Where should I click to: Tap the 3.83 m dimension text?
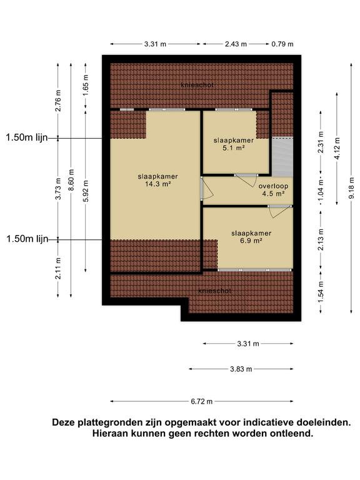pos(240,369)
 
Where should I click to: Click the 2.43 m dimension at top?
pos(236,44)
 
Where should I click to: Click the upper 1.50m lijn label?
pos(27,137)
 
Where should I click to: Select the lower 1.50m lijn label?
pos(27,239)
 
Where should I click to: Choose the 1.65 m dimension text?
pos(85,83)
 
